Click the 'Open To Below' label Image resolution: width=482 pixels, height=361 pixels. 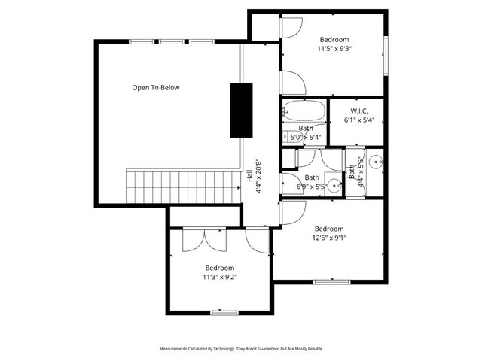click(156, 88)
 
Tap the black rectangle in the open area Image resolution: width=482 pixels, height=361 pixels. click(241, 110)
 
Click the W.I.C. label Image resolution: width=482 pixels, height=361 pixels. click(358, 111)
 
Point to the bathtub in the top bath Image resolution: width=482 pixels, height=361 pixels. click(305, 113)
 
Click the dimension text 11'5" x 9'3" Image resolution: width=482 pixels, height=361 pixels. click(334, 49)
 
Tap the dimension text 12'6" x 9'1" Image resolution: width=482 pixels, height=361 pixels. click(329, 238)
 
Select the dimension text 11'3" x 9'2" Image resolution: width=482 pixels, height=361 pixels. click(220, 277)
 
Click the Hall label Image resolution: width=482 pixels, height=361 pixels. click(249, 176)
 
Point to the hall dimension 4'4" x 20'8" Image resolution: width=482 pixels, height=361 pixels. click(258, 176)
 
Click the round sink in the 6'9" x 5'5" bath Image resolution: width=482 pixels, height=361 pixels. click(334, 187)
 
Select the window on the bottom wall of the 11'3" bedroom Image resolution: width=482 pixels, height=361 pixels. click(224, 311)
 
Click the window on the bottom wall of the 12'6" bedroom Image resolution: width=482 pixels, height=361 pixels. click(331, 282)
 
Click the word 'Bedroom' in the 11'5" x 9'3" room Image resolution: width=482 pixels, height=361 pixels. click(334, 39)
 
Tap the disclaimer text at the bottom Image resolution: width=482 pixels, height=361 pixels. click(240, 350)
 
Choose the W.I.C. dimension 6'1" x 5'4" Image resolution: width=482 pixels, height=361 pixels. click(358, 120)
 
